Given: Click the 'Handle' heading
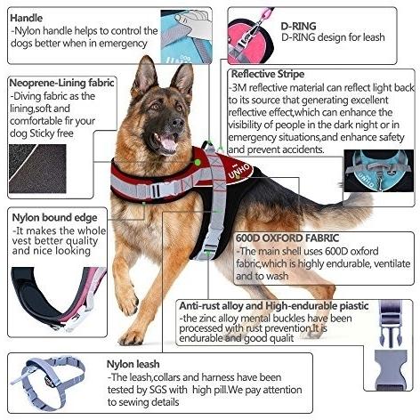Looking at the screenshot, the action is [x=27, y=18].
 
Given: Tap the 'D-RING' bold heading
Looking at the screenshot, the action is [x=298, y=26].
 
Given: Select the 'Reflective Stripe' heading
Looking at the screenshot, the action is [x=268, y=74].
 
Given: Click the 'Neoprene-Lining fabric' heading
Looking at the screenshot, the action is [x=61, y=83].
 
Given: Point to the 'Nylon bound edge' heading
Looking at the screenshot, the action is [x=54, y=218].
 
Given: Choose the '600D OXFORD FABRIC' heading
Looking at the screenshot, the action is [x=287, y=238].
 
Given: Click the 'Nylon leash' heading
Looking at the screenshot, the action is [x=133, y=364].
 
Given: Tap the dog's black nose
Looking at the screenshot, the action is [x=178, y=122].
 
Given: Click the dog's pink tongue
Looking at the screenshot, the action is [x=168, y=142].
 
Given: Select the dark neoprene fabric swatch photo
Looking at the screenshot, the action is [x=37, y=168].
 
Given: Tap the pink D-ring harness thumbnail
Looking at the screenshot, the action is [x=250, y=36].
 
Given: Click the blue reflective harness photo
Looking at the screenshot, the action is [x=379, y=171].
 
